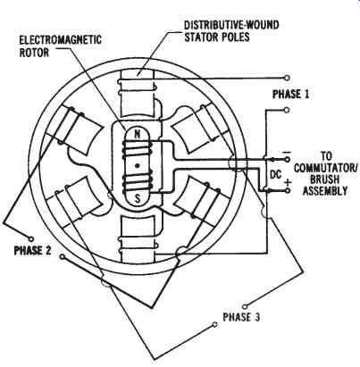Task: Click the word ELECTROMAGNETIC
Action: (x=60, y=40)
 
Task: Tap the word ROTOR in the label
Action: (x=34, y=53)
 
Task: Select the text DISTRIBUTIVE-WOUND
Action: (x=231, y=25)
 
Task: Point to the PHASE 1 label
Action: (x=291, y=95)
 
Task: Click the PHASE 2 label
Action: (x=33, y=250)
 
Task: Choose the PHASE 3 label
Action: (x=241, y=317)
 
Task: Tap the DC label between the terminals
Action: (x=275, y=175)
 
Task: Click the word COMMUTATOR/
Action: (x=326, y=168)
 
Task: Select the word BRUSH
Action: (x=325, y=179)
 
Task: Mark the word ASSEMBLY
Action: (x=325, y=191)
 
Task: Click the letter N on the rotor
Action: (x=138, y=134)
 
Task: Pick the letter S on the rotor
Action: (x=138, y=198)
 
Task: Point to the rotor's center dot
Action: (x=138, y=166)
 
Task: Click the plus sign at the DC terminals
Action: (x=288, y=182)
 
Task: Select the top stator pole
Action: (x=137, y=94)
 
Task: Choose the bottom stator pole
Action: (x=138, y=238)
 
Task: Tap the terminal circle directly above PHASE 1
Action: (x=287, y=78)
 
